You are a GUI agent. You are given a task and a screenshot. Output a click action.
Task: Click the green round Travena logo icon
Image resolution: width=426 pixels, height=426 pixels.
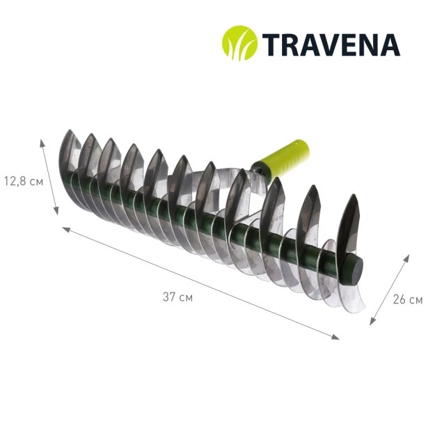pos(239,43)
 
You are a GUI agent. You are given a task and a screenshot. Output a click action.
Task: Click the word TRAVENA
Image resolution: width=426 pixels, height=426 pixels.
pos(331,45)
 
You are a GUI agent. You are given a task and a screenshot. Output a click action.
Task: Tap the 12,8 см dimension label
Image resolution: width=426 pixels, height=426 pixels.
pos(24,181)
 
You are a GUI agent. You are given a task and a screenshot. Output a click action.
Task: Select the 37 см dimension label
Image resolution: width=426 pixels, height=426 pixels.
pos(177,297)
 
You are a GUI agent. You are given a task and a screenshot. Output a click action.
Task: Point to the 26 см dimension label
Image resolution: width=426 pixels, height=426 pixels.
pos(408,300)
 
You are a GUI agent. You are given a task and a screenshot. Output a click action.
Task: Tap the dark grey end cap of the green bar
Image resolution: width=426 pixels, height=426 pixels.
pos(353,270)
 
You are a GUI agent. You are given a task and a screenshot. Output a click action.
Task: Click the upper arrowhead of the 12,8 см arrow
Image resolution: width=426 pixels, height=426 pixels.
pos(42,143)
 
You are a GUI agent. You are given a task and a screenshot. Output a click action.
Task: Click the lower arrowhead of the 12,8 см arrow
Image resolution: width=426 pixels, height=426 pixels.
pos(56,210)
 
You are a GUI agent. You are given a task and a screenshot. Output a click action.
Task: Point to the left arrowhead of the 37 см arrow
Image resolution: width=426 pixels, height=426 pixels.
pos(66,230)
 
